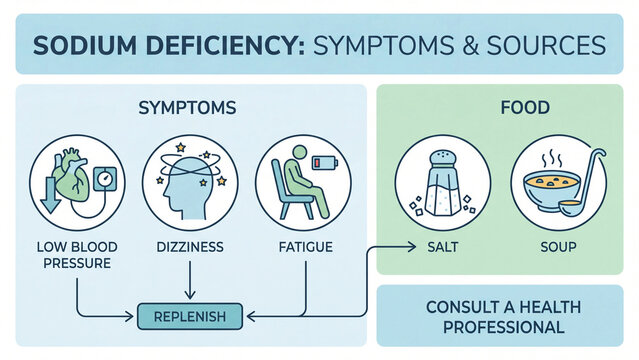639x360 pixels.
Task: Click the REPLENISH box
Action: point(189,317)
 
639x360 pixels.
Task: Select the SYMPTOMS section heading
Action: point(189,107)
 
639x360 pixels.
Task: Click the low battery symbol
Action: point(324,161)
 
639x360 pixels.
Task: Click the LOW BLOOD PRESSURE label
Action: point(74,254)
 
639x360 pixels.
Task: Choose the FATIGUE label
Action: point(304,246)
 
